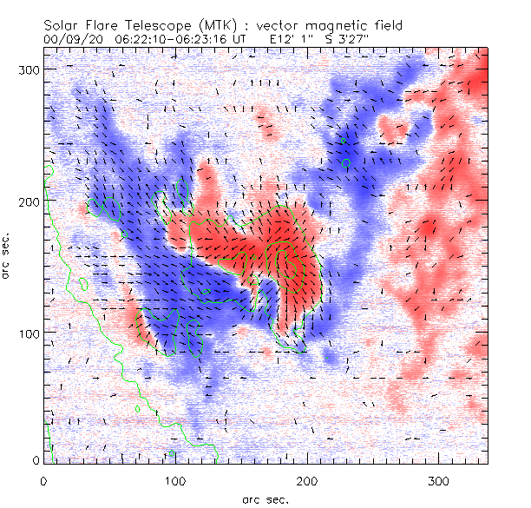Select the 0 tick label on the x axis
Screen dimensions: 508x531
coord(43,480)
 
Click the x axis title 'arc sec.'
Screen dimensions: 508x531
coord(265,498)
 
